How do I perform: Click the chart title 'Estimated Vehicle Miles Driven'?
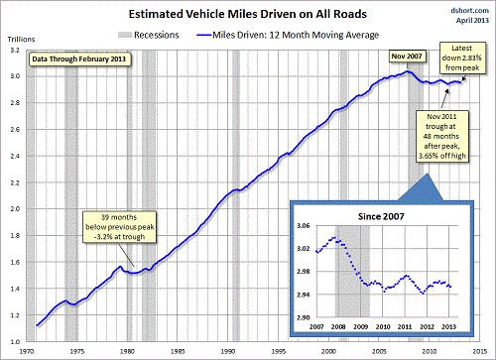click(x=247, y=15)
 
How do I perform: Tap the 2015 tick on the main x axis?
click(x=479, y=350)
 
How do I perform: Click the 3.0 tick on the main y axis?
click(x=14, y=76)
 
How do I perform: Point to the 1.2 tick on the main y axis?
click(x=14, y=315)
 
